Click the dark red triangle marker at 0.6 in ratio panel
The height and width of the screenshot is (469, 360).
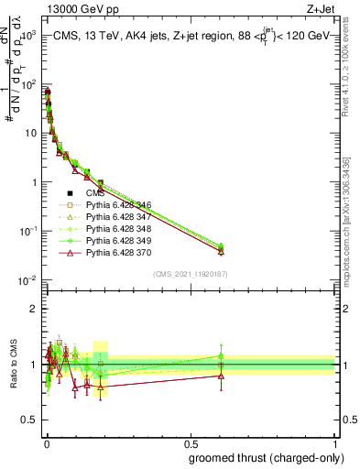click(x=221, y=375)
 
